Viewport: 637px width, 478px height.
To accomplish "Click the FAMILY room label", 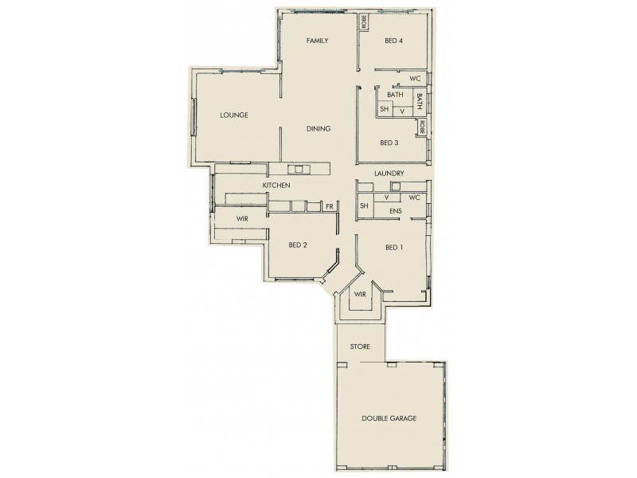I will [x=318, y=41].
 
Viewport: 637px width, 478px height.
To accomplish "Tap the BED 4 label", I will [x=393, y=41].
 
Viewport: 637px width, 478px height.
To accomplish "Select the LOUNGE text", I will [x=234, y=115].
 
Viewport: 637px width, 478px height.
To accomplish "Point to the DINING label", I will [x=318, y=128].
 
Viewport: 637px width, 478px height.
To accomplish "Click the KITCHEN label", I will [x=276, y=186].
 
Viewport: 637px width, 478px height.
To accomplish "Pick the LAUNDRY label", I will [x=390, y=173].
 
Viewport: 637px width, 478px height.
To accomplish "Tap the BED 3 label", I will [x=389, y=143].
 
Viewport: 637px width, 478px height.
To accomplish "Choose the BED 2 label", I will [x=298, y=245].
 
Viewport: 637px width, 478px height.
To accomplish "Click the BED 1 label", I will [x=393, y=247].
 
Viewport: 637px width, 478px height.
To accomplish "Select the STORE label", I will [x=360, y=348].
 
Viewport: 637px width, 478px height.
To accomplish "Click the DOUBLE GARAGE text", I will [x=389, y=417].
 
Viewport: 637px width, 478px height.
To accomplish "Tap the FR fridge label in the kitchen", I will [x=329, y=206].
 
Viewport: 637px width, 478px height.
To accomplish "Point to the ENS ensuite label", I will [x=395, y=211].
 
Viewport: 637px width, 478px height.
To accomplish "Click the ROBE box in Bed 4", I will [x=364, y=22].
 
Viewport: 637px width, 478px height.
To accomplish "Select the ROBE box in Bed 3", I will [x=423, y=127].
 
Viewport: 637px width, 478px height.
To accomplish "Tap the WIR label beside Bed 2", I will [x=243, y=218].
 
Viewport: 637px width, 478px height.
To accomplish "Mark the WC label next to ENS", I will [x=414, y=197].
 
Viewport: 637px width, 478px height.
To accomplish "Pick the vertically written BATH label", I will [x=419, y=101].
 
